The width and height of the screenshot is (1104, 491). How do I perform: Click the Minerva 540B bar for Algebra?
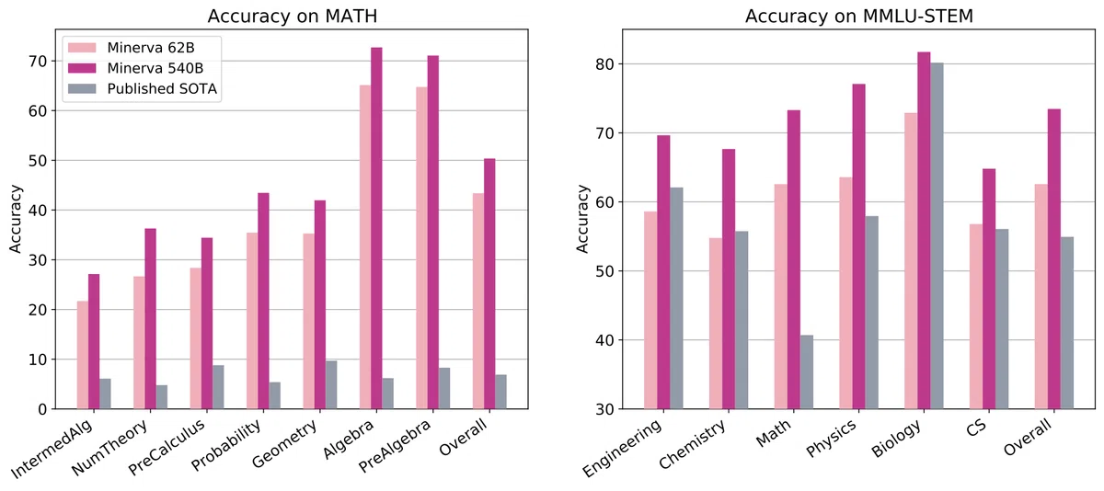click(x=376, y=228)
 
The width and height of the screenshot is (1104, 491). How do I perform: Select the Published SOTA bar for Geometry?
click(x=331, y=384)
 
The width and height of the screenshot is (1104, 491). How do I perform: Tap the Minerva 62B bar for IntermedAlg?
click(x=82, y=355)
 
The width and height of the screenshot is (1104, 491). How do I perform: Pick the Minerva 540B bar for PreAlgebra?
click(x=433, y=233)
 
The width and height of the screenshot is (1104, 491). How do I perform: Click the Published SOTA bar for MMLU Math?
click(x=807, y=371)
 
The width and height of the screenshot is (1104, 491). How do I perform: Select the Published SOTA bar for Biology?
click(x=937, y=236)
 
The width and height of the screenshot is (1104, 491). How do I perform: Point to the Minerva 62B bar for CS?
click(x=976, y=316)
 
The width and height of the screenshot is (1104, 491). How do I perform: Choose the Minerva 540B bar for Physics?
click(x=859, y=246)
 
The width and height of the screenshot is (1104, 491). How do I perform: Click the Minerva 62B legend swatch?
click(x=82, y=48)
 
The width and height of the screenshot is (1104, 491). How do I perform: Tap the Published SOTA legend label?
click(x=162, y=88)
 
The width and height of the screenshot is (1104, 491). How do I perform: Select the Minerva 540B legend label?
click(x=155, y=68)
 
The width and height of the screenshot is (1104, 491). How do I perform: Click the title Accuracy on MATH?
click(x=293, y=16)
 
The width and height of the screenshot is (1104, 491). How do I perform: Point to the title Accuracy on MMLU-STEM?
click(x=859, y=16)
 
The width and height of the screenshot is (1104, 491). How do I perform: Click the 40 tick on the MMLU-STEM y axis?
click(x=604, y=340)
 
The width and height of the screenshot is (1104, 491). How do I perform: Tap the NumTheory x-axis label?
click(x=109, y=448)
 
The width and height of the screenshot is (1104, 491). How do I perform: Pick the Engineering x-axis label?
click(x=622, y=448)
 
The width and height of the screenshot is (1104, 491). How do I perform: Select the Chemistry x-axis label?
click(x=692, y=444)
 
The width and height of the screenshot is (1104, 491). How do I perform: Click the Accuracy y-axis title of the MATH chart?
click(x=16, y=219)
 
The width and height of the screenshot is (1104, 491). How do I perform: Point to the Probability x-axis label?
click(x=225, y=445)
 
